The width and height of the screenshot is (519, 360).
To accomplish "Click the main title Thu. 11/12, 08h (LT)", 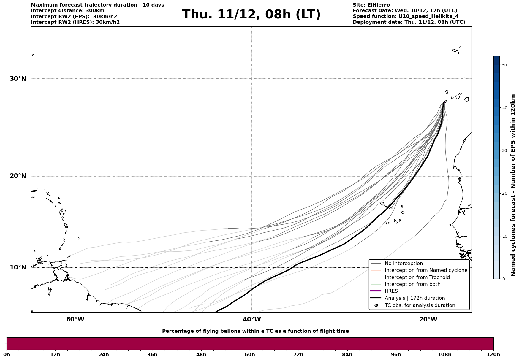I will coord(251,15).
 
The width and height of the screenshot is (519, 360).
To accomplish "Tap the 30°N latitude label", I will coord(18,79).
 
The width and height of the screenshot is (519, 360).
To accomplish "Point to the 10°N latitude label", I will coord(18,267).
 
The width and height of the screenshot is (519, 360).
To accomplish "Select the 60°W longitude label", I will coord(75,319).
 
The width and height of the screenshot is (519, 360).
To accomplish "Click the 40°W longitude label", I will coord(252,319).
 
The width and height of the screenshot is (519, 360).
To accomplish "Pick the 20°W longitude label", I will coord(428,319).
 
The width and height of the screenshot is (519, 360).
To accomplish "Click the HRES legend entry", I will coord(391,291).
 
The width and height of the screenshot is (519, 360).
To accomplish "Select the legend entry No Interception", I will coord(404,264).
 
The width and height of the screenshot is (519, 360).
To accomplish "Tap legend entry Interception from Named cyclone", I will coord(426,270).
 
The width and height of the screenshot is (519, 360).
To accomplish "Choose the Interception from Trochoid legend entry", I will coord(417,277).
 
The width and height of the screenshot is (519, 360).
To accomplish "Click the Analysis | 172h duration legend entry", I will coord(414,298).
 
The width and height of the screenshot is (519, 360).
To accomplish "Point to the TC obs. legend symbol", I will coord(376,305).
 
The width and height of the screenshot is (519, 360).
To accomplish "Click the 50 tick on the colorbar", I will coord(504,65).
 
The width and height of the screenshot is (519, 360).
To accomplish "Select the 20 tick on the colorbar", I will coord(504,194).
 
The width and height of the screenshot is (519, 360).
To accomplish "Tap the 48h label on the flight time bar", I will coord(201,355).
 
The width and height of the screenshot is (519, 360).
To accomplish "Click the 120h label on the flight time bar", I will coord(493,355).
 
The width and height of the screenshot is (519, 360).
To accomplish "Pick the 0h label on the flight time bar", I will coord(7,355).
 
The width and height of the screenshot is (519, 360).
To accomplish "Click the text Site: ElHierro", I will coord(371,5).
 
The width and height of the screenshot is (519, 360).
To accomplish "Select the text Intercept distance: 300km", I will coord(67,11).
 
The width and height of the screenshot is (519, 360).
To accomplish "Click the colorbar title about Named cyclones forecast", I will coord(513,185).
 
